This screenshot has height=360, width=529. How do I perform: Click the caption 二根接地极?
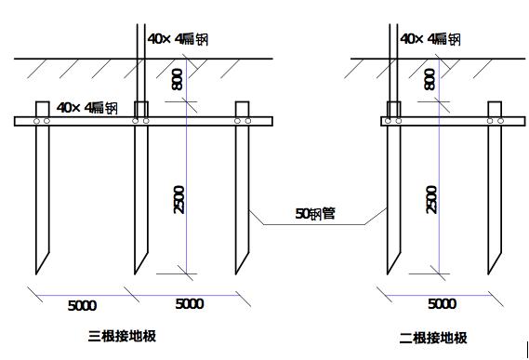[433, 338]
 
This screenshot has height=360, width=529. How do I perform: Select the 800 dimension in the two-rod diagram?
[429, 80]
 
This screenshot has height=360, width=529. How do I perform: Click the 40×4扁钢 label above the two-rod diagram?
[430, 38]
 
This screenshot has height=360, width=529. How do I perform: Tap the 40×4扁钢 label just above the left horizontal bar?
[86, 107]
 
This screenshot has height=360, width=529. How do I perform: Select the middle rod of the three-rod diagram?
[140, 195]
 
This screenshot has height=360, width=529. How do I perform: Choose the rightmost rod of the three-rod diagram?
[243, 195]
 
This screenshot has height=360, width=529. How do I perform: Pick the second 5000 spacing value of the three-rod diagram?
[189, 304]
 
